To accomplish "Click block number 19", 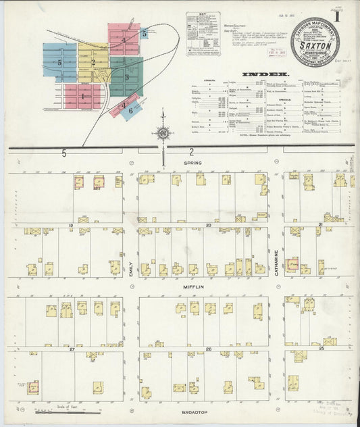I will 70,224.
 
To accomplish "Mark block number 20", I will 209,224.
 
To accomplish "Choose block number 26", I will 209,349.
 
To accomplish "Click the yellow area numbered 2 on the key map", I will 93,62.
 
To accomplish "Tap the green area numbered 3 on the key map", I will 126,77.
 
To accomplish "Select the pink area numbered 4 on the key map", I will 124,40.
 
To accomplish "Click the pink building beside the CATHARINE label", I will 292,265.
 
